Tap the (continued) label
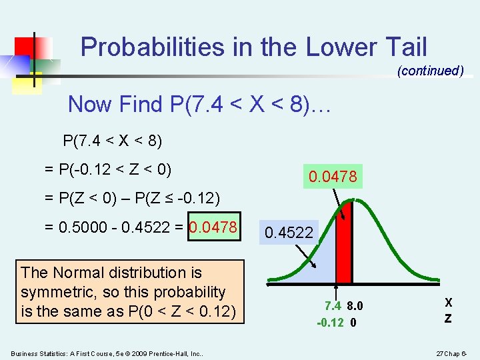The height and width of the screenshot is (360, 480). point(430,71)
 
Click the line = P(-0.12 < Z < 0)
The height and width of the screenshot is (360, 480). point(108,169)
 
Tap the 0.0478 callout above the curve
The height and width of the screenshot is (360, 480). point(333,177)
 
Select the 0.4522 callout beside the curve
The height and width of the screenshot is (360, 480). point(289,233)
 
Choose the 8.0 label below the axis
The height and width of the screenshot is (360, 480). point(355,307)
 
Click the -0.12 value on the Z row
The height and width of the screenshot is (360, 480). point(330,323)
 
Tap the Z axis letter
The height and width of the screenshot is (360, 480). point(448,319)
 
